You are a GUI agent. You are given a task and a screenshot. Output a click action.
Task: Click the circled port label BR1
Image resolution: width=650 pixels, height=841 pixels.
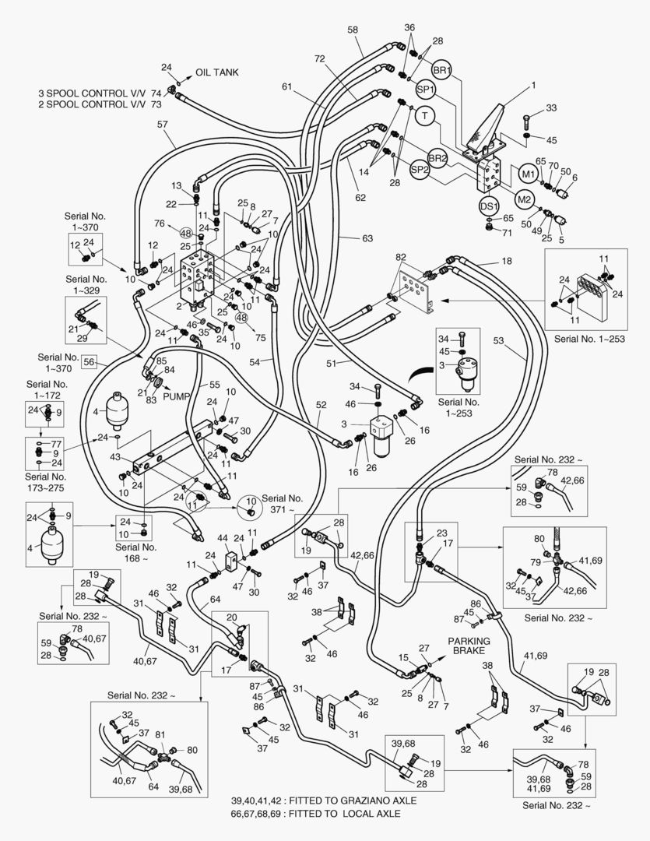442,69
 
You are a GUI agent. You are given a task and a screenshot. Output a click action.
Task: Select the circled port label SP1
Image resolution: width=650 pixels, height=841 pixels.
426,90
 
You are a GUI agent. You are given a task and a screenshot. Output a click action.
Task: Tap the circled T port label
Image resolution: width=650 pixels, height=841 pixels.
424,117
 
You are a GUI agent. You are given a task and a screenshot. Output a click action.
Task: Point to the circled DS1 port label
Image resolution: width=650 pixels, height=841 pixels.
489,206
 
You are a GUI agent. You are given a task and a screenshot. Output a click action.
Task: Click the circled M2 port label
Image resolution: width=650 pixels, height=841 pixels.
525,199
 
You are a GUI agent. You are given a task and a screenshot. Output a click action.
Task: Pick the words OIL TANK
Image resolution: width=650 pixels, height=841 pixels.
216,72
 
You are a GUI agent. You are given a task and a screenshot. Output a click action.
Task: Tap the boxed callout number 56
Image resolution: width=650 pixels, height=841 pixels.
90,361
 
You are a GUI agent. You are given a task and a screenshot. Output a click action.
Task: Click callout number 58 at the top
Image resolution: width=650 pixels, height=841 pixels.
353,30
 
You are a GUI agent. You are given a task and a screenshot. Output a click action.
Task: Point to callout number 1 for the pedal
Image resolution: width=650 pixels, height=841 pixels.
533,84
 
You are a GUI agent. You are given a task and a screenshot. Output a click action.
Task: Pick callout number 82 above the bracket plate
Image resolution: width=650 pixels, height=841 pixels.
400,257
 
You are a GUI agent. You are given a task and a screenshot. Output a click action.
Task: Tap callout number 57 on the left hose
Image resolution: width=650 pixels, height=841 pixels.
162,125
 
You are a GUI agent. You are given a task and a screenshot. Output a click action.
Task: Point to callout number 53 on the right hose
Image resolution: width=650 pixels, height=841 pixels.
497,340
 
